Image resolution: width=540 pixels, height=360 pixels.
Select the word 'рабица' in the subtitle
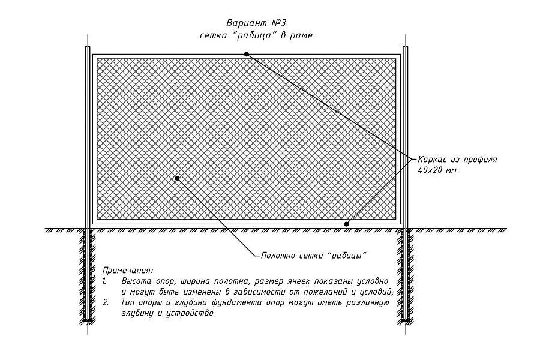click(253, 35)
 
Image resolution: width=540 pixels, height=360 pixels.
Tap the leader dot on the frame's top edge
click(246, 54)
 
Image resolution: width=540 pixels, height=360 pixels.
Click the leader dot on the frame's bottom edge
click(346, 224)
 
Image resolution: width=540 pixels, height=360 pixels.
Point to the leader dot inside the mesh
click(178, 178)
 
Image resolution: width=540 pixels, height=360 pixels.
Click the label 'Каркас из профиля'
click(457, 160)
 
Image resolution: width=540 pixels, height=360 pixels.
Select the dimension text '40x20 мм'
click(437, 170)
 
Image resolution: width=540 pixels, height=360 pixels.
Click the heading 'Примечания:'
click(128, 270)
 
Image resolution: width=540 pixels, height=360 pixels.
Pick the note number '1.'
click(104, 281)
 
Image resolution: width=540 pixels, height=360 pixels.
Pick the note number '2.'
click(106, 302)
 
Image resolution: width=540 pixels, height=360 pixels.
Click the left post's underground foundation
click(88, 275)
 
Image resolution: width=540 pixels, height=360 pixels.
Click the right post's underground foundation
click(406, 276)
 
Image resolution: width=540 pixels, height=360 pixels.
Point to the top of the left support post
click(88, 47)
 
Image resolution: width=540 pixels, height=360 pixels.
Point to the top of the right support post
click(406, 47)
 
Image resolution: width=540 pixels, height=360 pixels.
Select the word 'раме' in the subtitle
click(301, 36)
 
